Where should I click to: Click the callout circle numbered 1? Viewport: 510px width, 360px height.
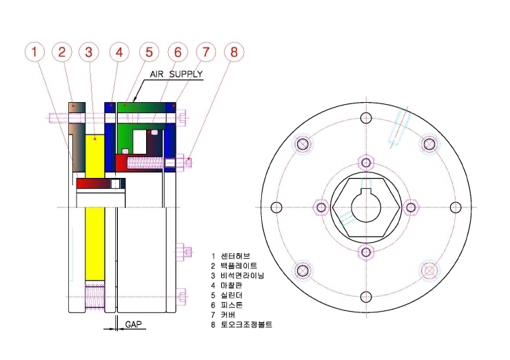point(34,52)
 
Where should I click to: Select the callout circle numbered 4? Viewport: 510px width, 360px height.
point(119,52)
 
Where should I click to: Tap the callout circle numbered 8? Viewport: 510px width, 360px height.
point(234,52)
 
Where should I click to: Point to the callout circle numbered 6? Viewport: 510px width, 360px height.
point(178,52)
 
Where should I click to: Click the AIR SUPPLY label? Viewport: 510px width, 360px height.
point(176,74)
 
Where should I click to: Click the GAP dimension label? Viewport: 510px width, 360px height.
point(133,324)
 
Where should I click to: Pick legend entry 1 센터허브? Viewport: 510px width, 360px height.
point(231,256)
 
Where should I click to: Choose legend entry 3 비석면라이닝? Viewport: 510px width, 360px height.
point(238,276)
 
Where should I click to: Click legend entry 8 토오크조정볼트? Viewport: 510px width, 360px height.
point(241,325)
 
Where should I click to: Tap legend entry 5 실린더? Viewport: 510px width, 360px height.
point(226,295)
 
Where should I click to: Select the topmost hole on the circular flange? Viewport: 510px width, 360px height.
point(366,117)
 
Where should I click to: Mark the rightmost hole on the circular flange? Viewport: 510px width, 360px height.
point(456,208)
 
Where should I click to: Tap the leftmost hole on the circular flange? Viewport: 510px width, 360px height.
point(276,208)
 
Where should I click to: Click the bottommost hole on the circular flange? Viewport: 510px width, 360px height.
point(366,297)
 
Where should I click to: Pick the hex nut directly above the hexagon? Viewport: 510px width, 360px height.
point(366,163)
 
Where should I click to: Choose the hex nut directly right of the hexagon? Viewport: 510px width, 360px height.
point(411,208)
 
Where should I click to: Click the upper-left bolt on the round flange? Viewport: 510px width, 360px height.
point(303,143)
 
